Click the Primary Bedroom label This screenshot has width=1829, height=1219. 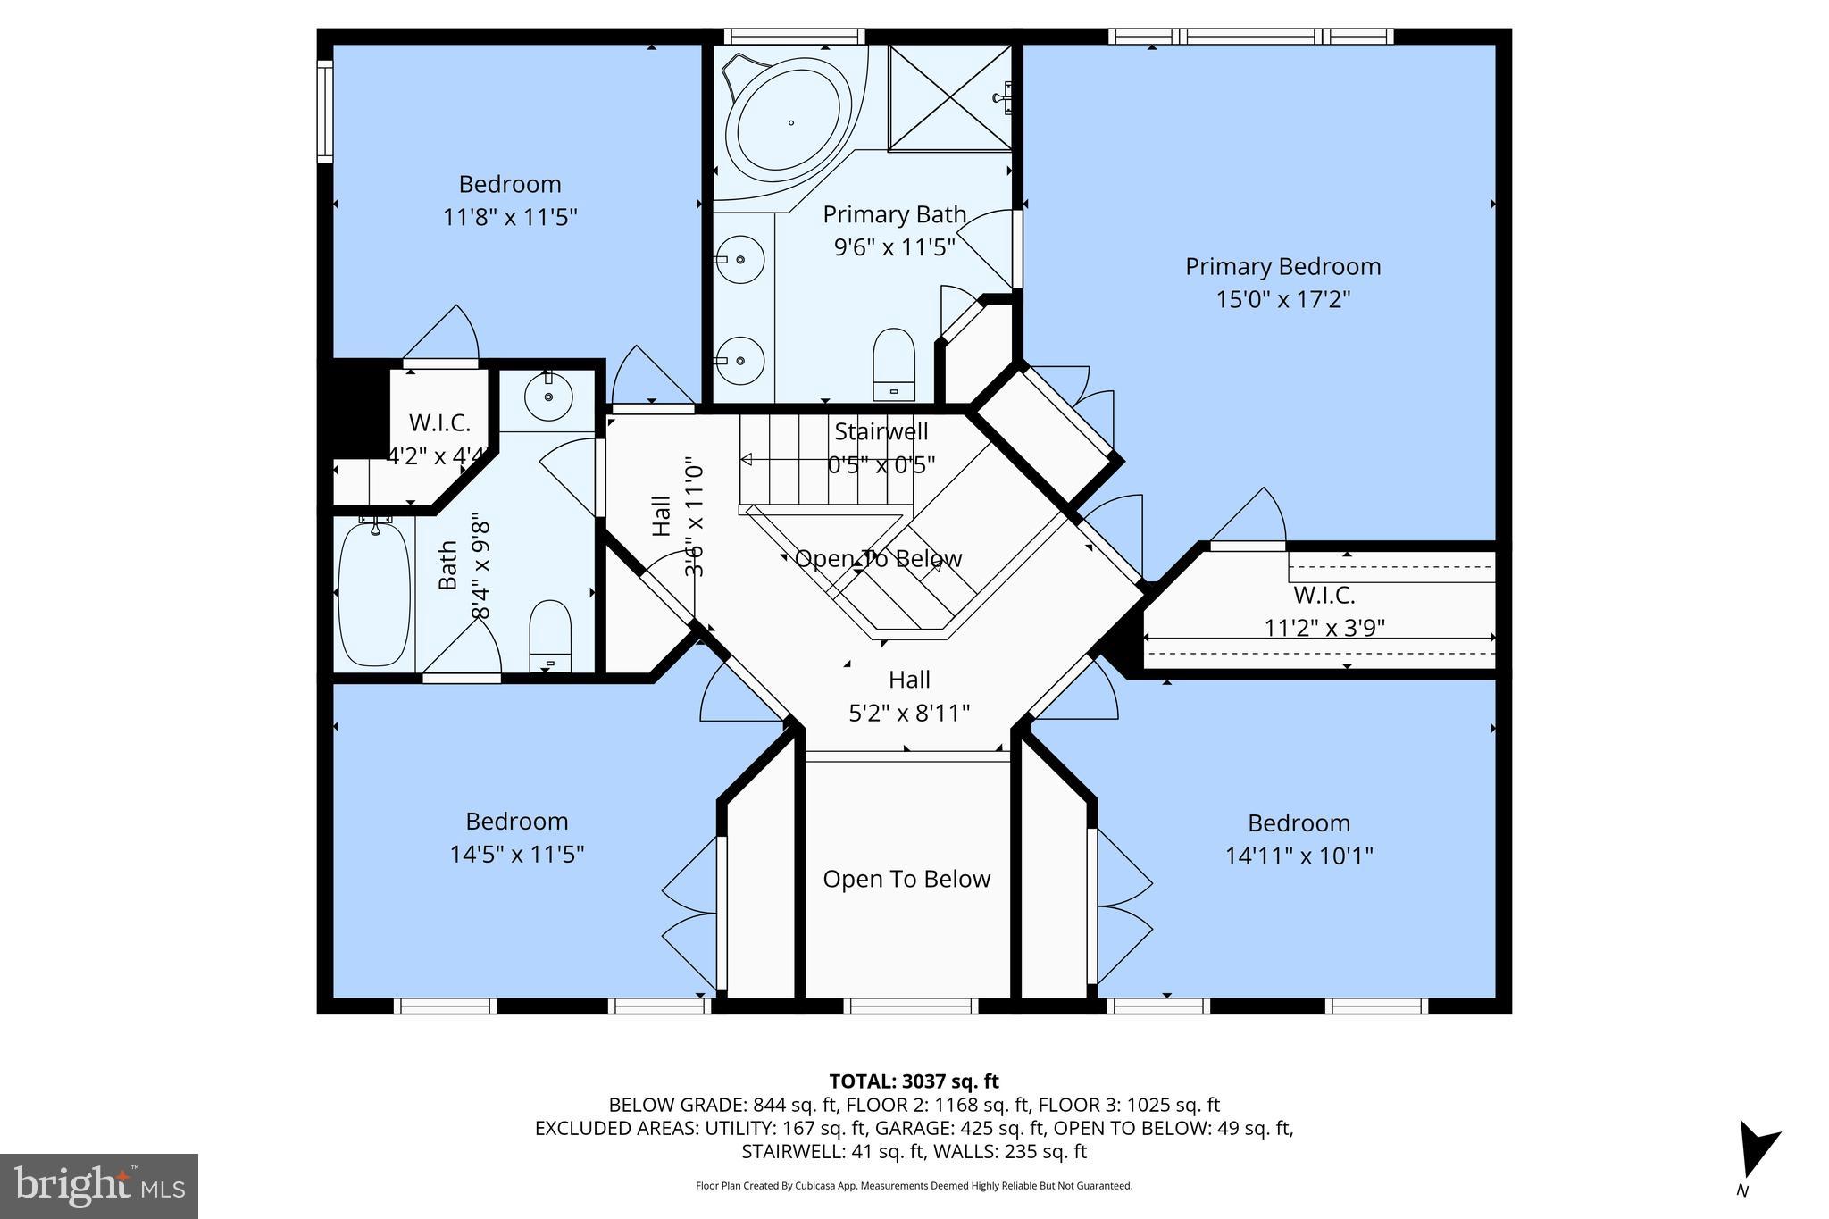pyautogui.click(x=1282, y=266)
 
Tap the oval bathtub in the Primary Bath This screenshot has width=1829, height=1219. pyautogui.click(x=789, y=122)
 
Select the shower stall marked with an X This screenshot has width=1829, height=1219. pyautogui.click(x=949, y=98)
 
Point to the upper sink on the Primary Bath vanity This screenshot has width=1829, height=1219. pyautogui.click(x=739, y=259)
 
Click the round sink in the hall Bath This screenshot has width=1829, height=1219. pyautogui.click(x=547, y=397)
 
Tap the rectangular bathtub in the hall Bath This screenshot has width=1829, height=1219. pyautogui.click(x=375, y=594)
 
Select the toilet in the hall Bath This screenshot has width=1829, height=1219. pyautogui.click(x=550, y=635)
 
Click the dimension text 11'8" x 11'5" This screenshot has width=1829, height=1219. pyautogui.click(x=510, y=217)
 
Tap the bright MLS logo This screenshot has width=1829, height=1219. pyautogui.click(x=99, y=1186)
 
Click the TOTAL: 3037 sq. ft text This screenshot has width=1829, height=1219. pyautogui.click(x=914, y=1081)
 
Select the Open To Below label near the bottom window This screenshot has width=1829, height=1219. pyautogui.click(x=906, y=879)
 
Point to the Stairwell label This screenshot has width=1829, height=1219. pyautogui.click(x=881, y=431)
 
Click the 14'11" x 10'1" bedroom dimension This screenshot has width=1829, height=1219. pyautogui.click(x=1299, y=856)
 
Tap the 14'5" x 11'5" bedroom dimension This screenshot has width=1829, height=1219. pyautogui.click(x=516, y=855)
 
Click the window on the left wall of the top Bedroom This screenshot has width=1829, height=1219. pyautogui.click(x=325, y=111)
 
